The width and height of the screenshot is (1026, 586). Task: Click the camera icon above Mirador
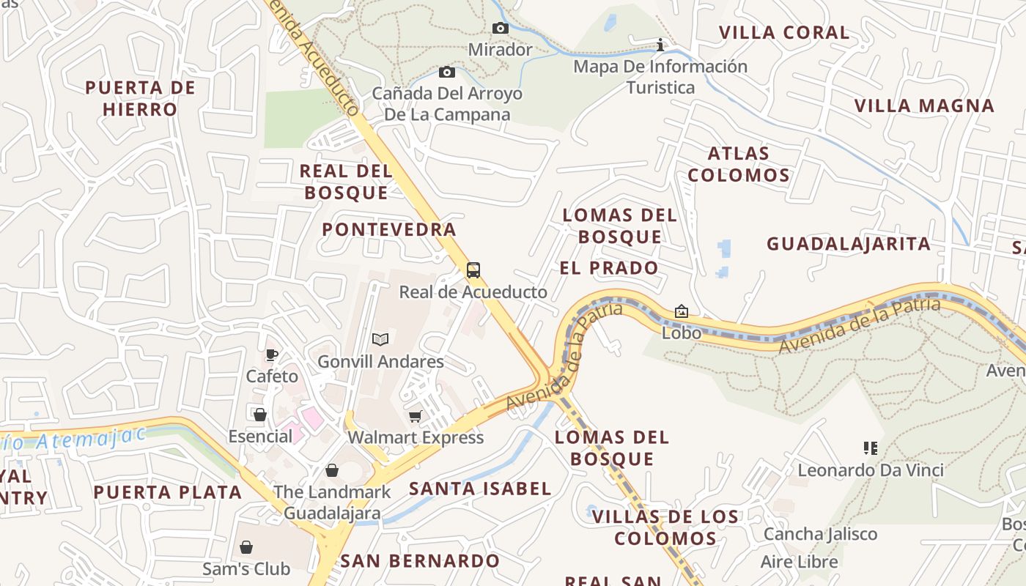tap(501, 29)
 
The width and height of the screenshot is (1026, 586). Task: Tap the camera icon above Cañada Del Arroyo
tap(447, 72)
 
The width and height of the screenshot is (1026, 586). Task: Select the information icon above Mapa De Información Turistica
tap(660, 45)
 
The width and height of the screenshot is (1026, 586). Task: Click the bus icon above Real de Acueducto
tap(473, 270)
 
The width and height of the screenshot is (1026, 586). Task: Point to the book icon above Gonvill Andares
tap(380, 339)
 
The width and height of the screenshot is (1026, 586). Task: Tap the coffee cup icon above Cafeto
tap(272, 355)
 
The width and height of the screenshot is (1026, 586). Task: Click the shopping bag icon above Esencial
tap(260, 415)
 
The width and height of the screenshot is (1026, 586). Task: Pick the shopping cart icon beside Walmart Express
tap(416, 417)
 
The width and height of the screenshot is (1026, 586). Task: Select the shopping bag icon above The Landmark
tap(332, 470)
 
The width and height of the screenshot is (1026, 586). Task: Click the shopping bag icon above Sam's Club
tap(246, 547)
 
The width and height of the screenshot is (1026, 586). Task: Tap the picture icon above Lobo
tap(682, 311)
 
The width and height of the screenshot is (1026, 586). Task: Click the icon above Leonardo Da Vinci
tap(871, 448)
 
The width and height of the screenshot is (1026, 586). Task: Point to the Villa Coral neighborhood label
tap(784, 32)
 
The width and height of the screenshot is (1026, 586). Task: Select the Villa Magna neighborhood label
tap(924, 105)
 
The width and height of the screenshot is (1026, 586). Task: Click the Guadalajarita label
tap(849, 243)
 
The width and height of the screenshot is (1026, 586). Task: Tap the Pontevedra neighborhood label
tap(389, 229)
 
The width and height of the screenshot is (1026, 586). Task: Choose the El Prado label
tap(609, 267)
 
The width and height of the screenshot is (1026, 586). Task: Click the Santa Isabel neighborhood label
tap(480, 489)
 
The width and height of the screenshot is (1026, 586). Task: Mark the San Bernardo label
tap(420, 561)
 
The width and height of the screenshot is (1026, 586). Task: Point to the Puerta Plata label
tap(168, 492)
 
